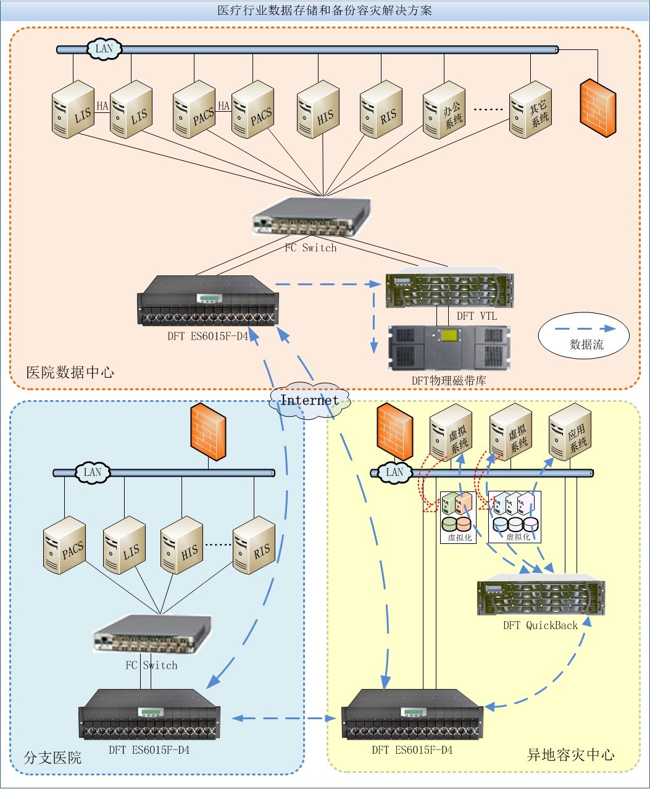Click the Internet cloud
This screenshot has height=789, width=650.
pos(310,400)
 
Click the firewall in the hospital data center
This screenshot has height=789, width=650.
pos(598,107)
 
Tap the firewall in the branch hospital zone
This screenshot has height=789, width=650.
pos(207,432)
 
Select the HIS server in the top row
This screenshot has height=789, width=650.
pos(319,111)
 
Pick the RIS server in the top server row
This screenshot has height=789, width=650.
pos(381,111)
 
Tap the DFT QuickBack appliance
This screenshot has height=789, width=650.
pos(541,598)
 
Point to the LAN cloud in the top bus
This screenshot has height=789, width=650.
pos(104,49)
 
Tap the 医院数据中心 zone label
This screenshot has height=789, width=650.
pos(70,372)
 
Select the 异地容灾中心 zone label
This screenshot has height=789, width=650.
pos(570,754)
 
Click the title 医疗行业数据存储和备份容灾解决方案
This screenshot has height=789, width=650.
pos(325,10)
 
